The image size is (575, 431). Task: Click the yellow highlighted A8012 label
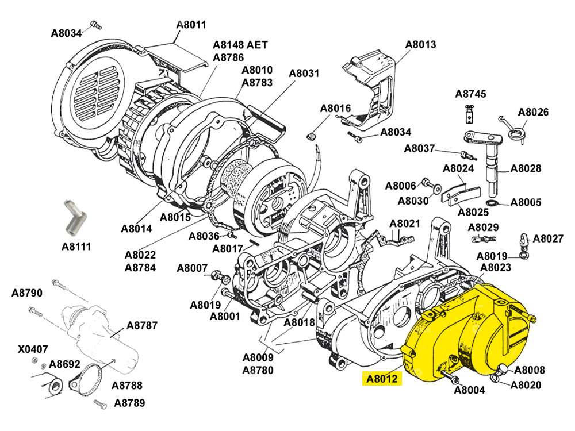[x=380, y=379]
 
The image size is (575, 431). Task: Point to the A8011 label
[x=191, y=25]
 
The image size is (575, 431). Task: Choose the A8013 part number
[x=421, y=44]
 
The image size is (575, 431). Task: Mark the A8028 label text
[x=526, y=168]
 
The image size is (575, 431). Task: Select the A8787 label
[x=142, y=325]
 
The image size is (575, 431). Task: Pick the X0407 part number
[x=33, y=349]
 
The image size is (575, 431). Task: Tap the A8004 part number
[x=470, y=390]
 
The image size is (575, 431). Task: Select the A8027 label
[x=548, y=238]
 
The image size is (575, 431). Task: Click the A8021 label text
[x=405, y=223]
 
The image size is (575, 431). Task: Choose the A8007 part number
[x=192, y=268]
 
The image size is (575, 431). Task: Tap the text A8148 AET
[x=240, y=45]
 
